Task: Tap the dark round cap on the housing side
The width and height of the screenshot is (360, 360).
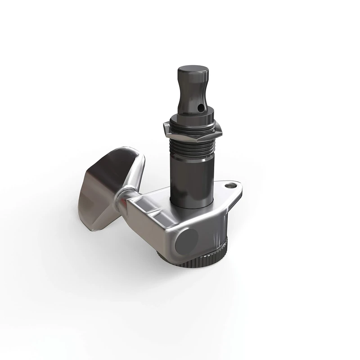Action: [187, 241]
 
